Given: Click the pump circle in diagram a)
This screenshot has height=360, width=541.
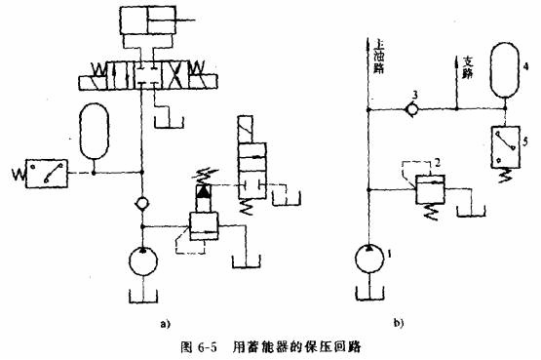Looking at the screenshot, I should (144, 261).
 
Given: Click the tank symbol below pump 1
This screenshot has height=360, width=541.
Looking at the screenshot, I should (367, 293).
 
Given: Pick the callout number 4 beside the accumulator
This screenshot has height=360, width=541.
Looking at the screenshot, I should (527, 67).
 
